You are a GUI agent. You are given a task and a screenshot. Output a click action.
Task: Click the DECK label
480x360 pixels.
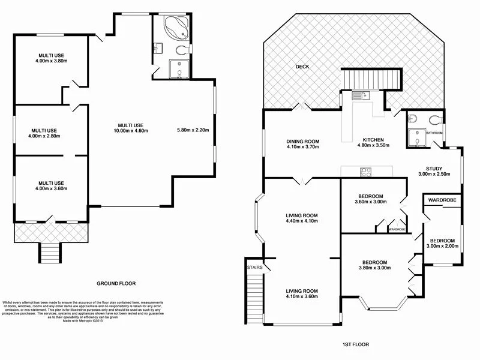click(302, 67)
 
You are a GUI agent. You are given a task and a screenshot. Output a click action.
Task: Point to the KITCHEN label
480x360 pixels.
click(370, 140)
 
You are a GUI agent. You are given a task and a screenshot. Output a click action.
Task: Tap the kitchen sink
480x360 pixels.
click(359, 95)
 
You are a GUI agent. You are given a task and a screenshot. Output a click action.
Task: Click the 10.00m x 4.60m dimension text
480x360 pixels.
click(133, 130)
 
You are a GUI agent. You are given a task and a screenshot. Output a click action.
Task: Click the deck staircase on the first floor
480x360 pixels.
click(371, 79)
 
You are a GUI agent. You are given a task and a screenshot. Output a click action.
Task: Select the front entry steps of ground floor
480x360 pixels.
click(50, 253)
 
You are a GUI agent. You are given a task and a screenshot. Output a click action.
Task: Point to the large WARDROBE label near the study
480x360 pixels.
click(443, 199)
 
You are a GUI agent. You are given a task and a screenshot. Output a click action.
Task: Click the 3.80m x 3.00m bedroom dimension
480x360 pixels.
click(374, 268)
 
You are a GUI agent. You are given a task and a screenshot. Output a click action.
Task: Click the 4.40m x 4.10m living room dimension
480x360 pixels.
click(301, 221)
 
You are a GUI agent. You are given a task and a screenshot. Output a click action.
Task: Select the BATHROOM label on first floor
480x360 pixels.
click(434, 133)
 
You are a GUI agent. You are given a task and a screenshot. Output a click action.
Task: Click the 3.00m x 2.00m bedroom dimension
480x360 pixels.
click(442, 245)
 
